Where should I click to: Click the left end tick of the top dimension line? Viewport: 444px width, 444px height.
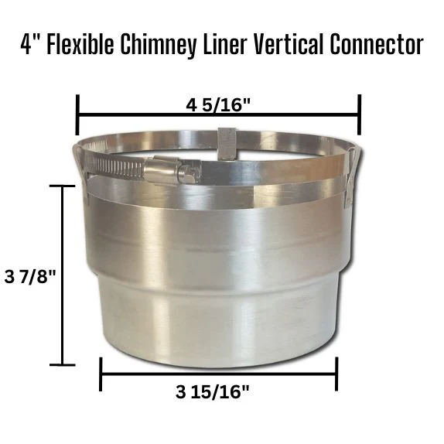coord(77,114)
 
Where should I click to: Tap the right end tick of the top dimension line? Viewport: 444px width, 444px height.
coord(360,114)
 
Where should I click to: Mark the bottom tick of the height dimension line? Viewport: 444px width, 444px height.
coord(63,364)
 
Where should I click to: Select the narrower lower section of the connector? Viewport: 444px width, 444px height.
coord(217,325)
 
